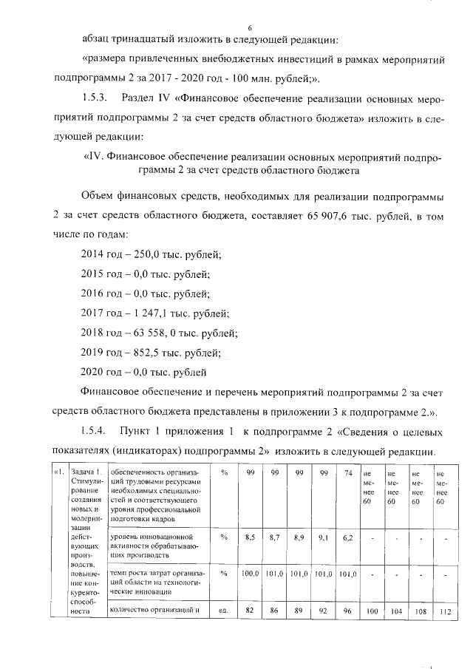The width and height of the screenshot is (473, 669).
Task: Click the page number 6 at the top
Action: point(250,27)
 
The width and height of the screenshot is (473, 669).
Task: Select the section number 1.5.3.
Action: point(93,97)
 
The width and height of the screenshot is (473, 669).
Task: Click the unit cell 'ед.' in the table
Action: point(221,611)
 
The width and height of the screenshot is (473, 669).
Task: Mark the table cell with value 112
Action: point(443,611)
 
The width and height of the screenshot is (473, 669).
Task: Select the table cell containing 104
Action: point(394,611)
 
